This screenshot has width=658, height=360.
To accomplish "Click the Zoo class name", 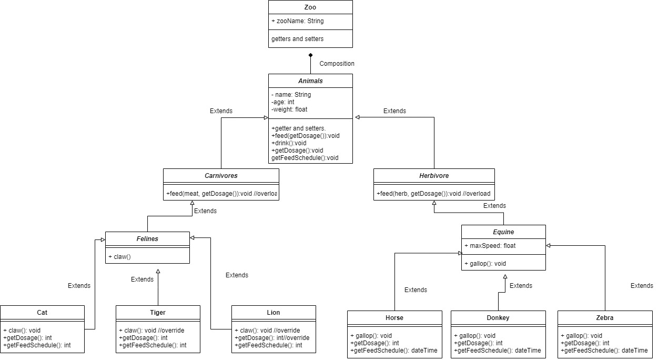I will coord(310,7).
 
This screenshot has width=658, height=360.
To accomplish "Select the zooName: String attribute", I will coord(298,21).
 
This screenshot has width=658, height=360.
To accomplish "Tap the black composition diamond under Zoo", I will coord(310,55).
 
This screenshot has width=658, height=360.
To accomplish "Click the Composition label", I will coord(337,64).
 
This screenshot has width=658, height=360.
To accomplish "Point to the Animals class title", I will coord(310,81).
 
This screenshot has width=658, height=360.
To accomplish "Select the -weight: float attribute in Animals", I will coord(289,109).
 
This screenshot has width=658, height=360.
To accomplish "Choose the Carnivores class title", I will coord(221,175).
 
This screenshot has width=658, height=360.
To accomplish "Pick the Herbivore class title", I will coord(434,175).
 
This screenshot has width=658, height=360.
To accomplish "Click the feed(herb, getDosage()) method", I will coord(433,194).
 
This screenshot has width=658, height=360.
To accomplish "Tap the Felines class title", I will coord(147,238).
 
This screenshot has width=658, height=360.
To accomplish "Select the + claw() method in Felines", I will coord(120,256).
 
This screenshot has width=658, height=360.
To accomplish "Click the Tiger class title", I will coord(158,312).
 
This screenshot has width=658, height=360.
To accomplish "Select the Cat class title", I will coord(42,312).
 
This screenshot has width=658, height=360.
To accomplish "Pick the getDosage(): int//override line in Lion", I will coord(272,337).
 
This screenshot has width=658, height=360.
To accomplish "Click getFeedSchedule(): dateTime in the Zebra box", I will coord(604,350).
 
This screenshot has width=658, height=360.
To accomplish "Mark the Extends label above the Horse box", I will coord(416,290).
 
